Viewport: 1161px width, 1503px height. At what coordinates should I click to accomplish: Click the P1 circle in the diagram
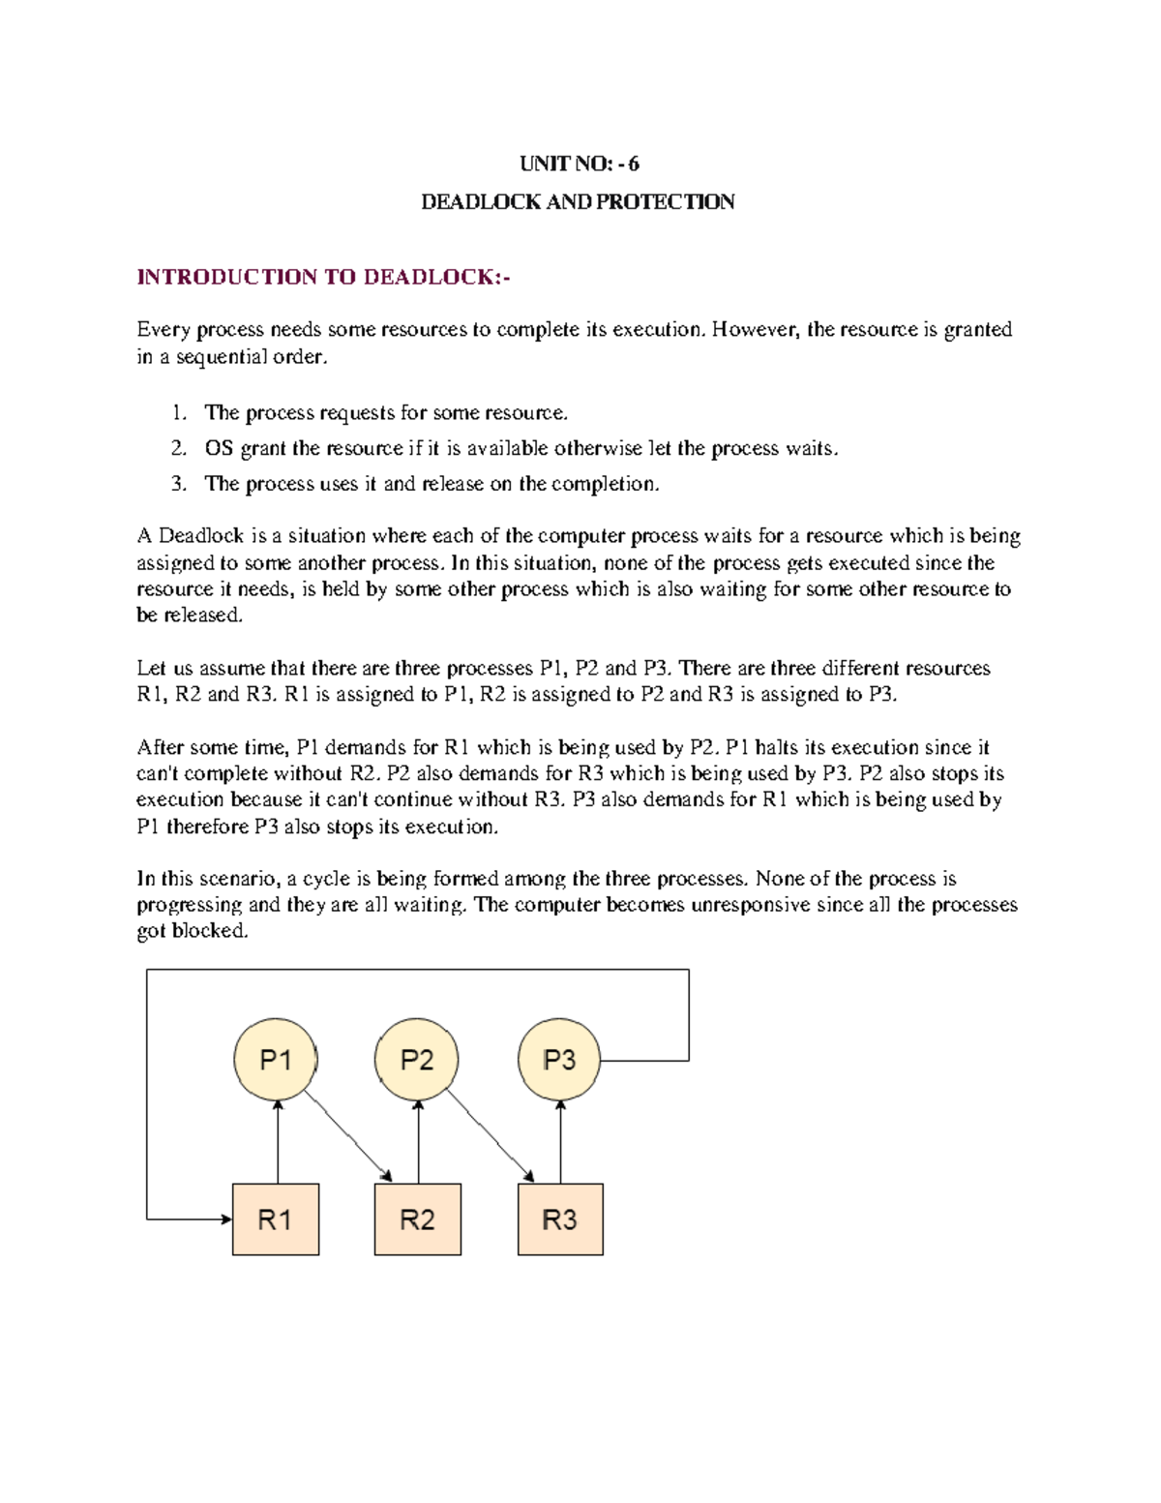point(276,1059)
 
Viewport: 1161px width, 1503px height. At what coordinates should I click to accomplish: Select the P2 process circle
point(417,1059)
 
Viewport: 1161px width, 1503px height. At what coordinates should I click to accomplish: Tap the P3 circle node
point(559,1059)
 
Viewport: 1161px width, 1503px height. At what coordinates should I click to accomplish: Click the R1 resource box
point(276,1219)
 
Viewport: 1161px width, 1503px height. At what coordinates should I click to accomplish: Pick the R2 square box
point(418,1219)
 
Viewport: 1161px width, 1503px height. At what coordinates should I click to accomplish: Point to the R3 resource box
point(560,1219)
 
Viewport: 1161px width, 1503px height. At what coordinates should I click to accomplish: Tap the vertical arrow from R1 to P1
point(278,1142)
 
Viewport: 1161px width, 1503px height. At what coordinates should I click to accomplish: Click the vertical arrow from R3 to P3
point(561,1142)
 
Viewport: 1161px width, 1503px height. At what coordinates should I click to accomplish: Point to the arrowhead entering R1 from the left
point(225,1219)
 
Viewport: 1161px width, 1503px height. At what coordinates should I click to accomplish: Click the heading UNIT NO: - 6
point(579,164)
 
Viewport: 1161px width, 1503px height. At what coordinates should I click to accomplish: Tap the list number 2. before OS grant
point(178,448)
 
